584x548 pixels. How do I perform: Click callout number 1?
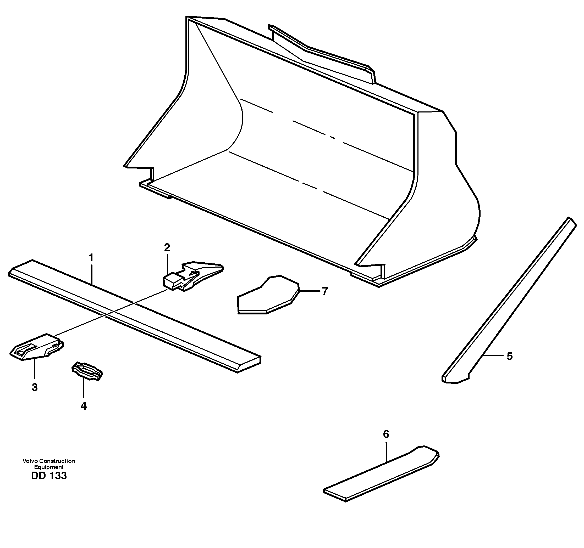tap(91, 258)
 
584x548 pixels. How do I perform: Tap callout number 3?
tap(35, 387)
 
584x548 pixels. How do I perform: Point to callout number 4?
tap(84, 406)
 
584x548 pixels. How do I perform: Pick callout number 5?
tap(510, 356)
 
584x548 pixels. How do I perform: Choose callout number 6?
tap(386, 434)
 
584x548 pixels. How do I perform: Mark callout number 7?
tap(325, 291)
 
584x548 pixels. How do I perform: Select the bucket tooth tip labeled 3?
tap(37, 348)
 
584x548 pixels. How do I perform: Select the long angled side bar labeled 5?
tap(508, 302)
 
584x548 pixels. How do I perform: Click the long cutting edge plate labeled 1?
tap(135, 315)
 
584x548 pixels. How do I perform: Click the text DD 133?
tap(49, 476)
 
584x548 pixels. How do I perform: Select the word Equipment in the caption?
tap(49, 467)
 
